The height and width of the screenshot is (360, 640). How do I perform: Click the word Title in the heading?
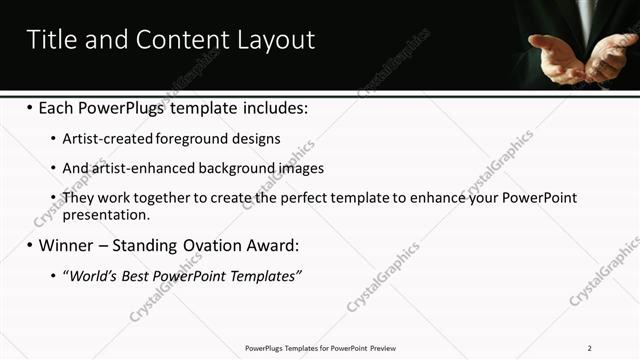click(x=50, y=40)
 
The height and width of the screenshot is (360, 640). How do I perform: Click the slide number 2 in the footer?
click(x=590, y=348)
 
